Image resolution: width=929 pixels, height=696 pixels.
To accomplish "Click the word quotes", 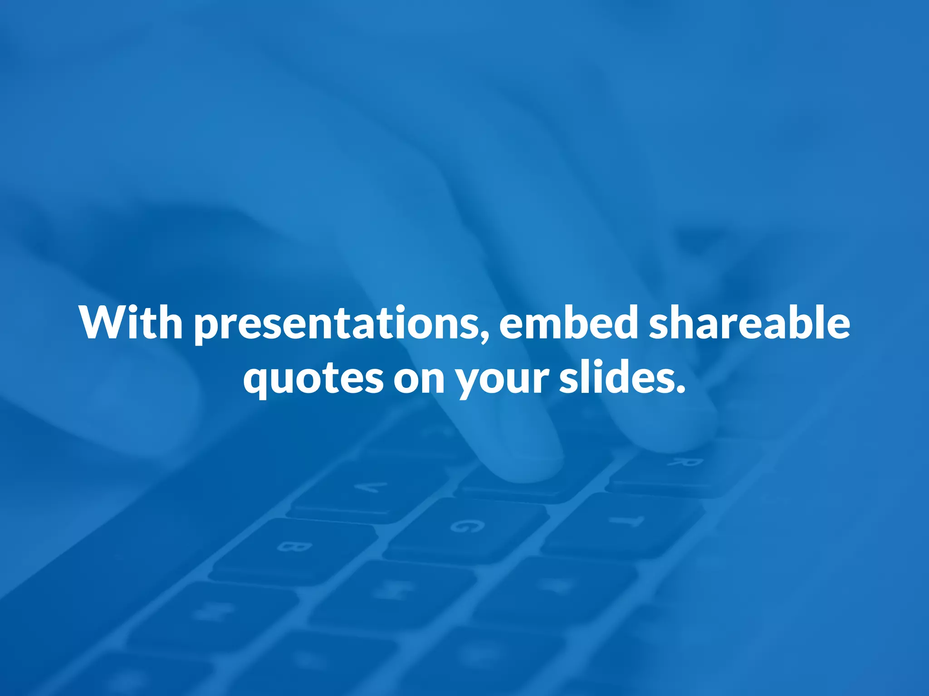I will pos(313,379).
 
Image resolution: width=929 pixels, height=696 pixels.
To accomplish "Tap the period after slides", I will pos(680,389).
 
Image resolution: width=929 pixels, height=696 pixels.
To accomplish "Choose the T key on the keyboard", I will pos(626,521).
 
